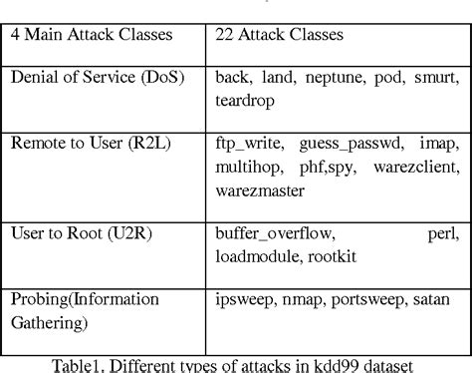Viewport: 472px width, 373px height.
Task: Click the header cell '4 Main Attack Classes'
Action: point(91,34)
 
